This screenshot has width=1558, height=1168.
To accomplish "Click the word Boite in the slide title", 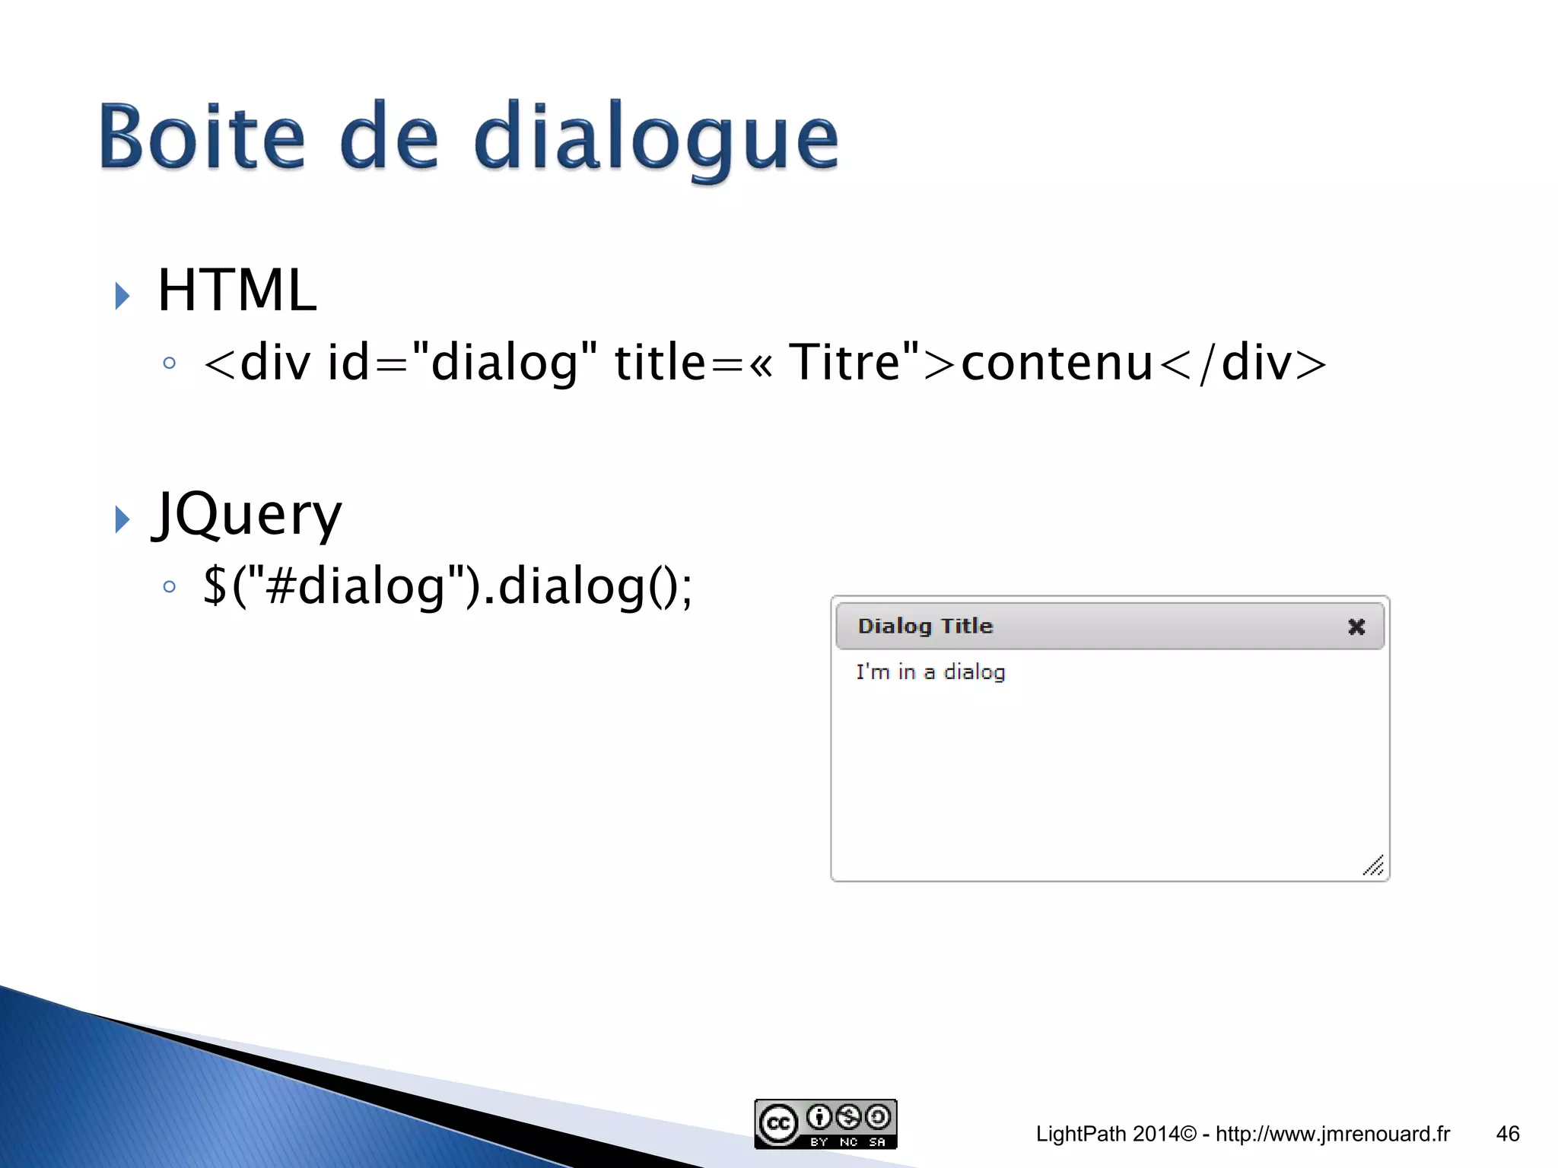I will [202, 138].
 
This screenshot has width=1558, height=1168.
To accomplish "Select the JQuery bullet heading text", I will [247, 515].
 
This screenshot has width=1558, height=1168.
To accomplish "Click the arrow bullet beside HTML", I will [122, 296].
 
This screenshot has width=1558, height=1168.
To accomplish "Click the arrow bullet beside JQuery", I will [122, 519].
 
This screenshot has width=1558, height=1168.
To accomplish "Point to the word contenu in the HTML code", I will [1057, 362].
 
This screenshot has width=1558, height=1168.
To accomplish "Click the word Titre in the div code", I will [845, 362].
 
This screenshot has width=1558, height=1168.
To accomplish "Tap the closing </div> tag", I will [1243, 362].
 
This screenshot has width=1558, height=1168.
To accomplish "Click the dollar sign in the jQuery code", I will [215, 586].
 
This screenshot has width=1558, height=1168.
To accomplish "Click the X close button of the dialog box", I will [1356, 627].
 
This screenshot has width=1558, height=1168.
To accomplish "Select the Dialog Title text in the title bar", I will [925, 626].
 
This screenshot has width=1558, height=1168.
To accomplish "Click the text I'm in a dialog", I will [930, 672].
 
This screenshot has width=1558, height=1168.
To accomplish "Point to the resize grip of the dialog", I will [1373, 866].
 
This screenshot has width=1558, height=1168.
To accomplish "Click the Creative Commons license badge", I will [825, 1123].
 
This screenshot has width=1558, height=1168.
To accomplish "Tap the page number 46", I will [1507, 1134].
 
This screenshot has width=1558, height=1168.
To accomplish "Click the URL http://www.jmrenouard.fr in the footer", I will [1333, 1134].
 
